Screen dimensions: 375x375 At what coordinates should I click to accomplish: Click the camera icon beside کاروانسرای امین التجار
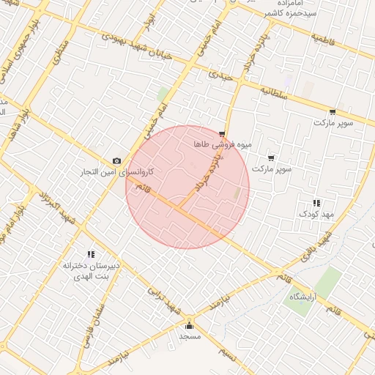[x=116, y=160]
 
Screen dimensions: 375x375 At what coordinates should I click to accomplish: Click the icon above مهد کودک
[x=316, y=203]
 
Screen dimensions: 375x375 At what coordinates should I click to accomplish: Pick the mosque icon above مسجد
[x=190, y=325]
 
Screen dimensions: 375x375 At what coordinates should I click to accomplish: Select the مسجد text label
[x=190, y=336]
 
